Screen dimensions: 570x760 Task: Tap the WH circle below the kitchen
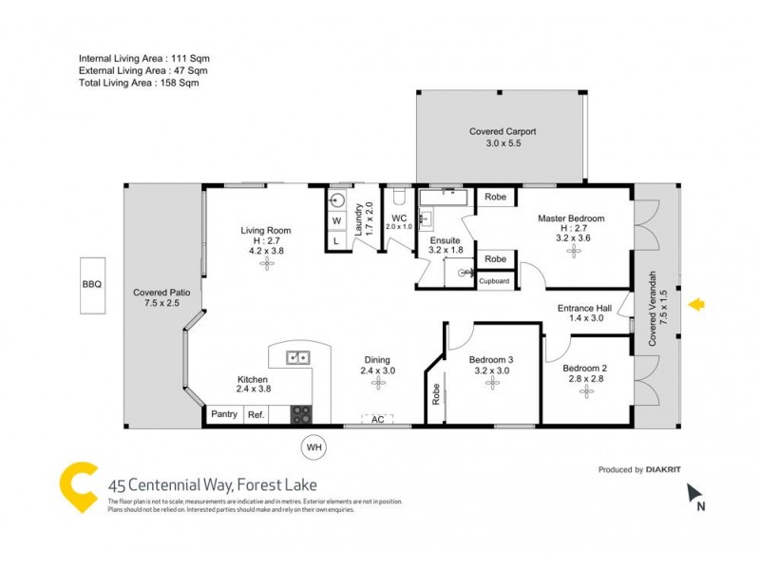coord(313,446)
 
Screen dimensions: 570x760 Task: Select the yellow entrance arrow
coord(696,304)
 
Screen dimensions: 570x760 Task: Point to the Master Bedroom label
coord(571,218)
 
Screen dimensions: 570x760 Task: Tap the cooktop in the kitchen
coord(300,413)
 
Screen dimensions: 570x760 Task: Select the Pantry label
coord(224,414)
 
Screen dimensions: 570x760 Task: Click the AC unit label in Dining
coord(377,419)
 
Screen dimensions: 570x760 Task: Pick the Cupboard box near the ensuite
coord(494,281)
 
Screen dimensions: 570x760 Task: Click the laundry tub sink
coord(337,200)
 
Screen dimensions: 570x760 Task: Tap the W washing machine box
coord(336,221)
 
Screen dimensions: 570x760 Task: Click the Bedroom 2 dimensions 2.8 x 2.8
coord(584,379)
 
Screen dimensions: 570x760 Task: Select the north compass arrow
coord(693,492)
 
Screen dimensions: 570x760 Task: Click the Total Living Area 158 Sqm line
coord(139,83)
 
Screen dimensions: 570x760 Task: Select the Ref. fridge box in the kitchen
coord(256,414)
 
